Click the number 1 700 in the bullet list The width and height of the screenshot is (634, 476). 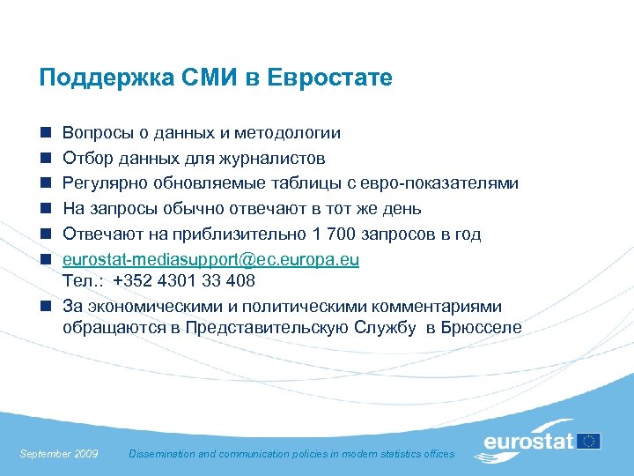coord(332,234)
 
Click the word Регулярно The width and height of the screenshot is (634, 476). coord(101,183)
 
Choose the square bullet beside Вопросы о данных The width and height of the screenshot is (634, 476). coord(43,134)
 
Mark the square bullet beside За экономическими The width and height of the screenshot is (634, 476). coord(43,307)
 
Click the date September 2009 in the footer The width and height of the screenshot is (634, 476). coord(59,454)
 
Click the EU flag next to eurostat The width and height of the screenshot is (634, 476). coord(588,440)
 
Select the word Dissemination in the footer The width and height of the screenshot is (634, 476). coord(163,454)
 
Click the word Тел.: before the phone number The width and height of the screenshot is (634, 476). coord(83,280)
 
